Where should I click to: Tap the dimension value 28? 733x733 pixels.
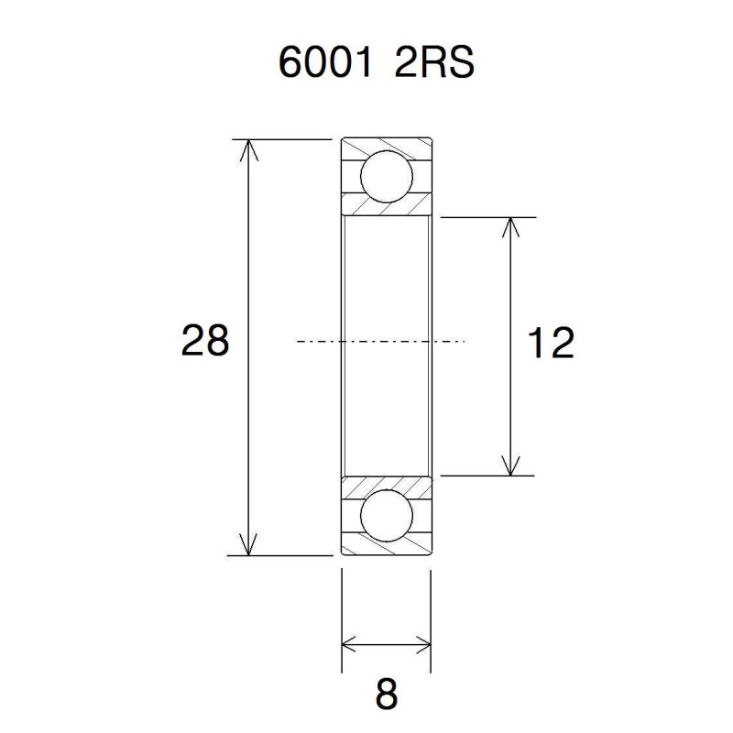pyautogui.click(x=204, y=342)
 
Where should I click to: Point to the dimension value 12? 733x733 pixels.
pyautogui.click(x=551, y=344)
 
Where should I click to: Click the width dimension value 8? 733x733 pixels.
pyautogui.click(x=387, y=695)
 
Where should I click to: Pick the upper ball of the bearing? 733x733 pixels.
pyautogui.click(x=386, y=177)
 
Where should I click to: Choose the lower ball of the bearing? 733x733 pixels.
pyautogui.click(x=386, y=517)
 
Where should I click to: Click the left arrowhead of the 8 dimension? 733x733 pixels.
pyautogui.click(x=350, y=642)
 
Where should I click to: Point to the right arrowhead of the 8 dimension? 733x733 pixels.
pyautogui.click(x=422, y=642)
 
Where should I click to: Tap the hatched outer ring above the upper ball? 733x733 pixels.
pyautogui.click(x=386, y=147)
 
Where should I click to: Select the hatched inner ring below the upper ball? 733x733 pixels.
pyautogui.click(x=386, y=207)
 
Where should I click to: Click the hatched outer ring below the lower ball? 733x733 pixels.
pyautogui.click(x=386, y=548)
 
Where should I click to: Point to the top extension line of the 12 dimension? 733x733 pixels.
pyautogui.click(x=486, y=217)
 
